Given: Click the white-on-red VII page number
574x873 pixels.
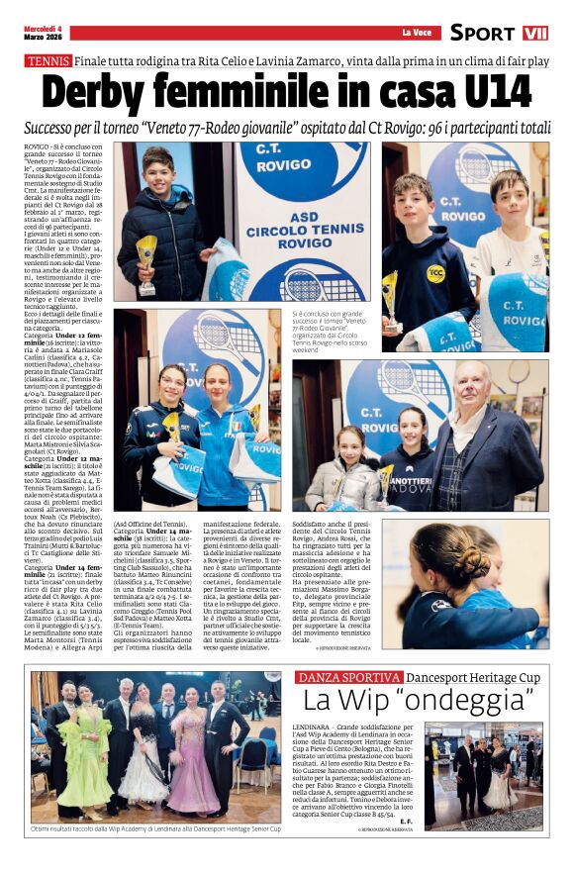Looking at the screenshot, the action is click(535, 33).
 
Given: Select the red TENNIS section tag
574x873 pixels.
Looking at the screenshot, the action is click(48, 61).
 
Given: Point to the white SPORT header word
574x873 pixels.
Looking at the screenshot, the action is click(483, 33).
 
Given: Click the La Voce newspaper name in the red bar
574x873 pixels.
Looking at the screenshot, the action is click(416, 33).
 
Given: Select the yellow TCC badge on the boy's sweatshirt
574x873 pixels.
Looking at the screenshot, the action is click(434, 273).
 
